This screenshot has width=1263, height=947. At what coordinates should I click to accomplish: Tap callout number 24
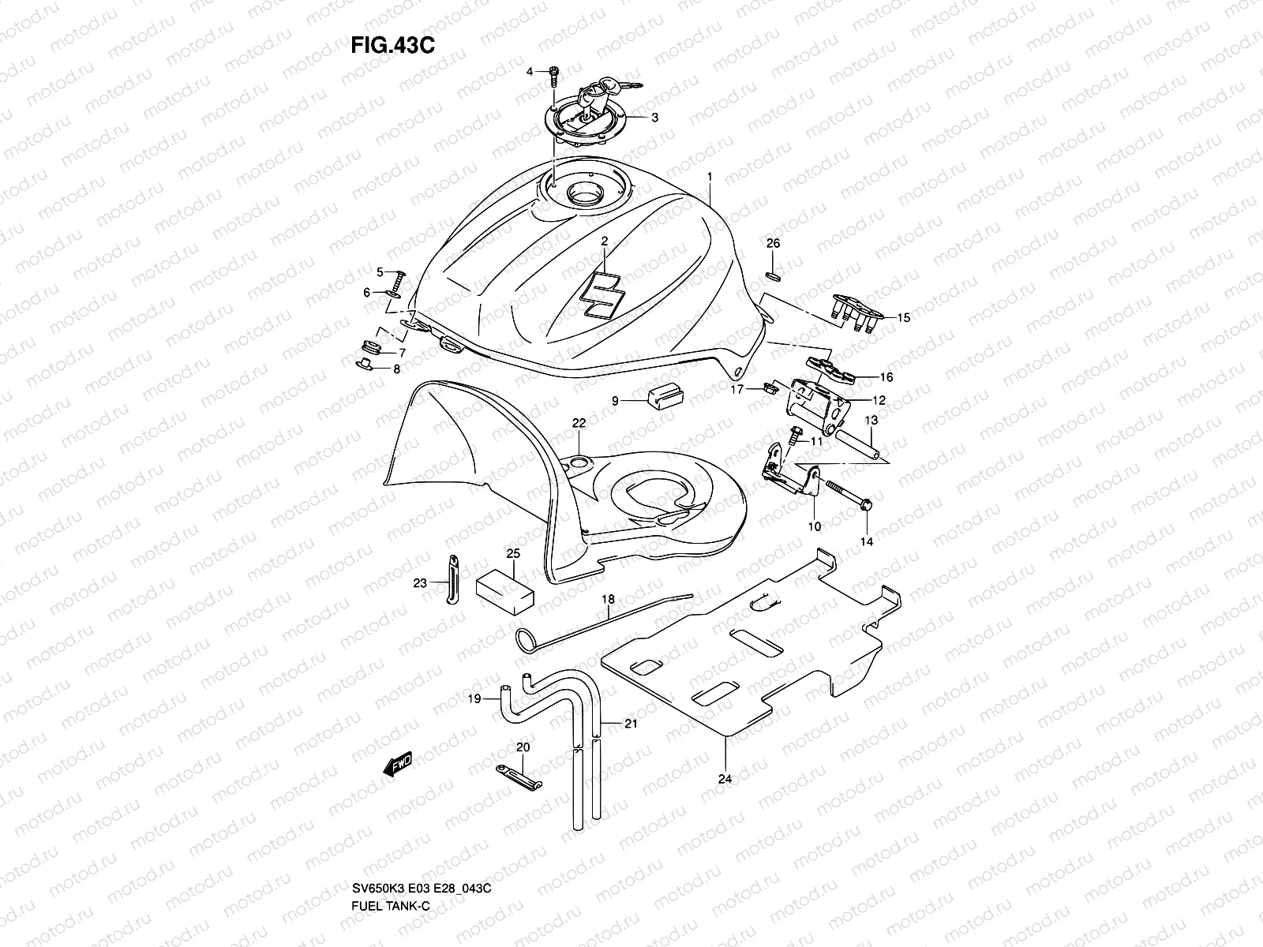coord(725,779)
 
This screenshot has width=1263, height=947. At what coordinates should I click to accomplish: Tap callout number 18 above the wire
coord(608,600)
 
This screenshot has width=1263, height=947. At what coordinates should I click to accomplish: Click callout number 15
coord(903,317)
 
